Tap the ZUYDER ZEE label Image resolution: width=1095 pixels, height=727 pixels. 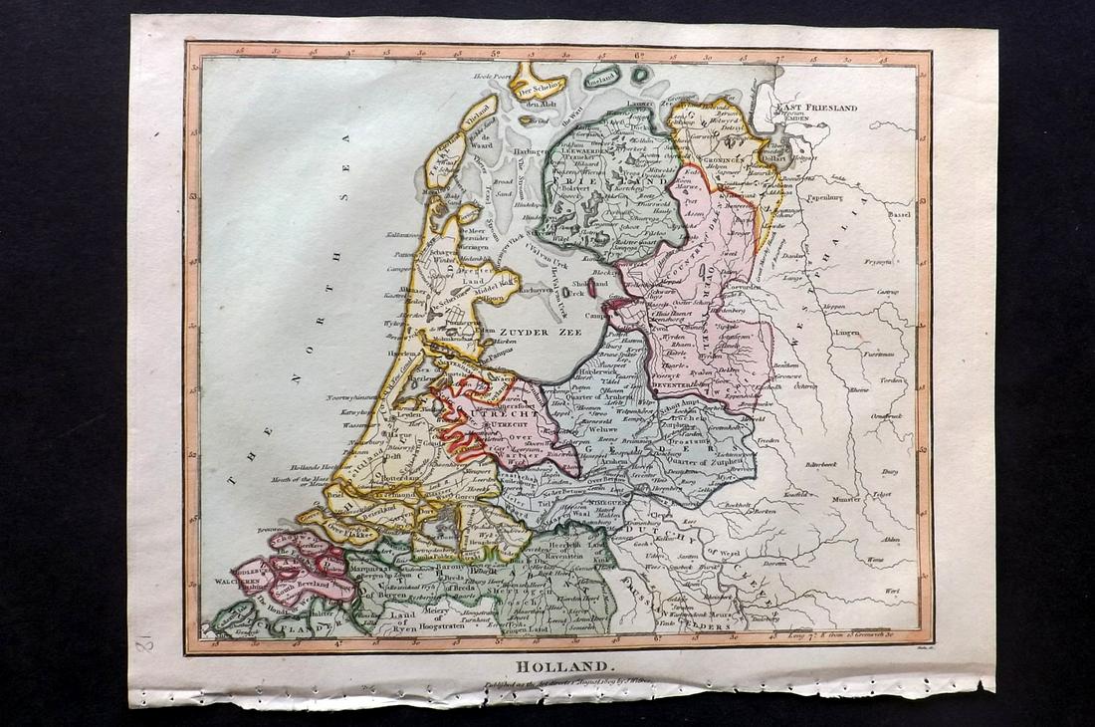coord(541,336)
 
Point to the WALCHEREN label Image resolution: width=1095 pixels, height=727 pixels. coord(233,578)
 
